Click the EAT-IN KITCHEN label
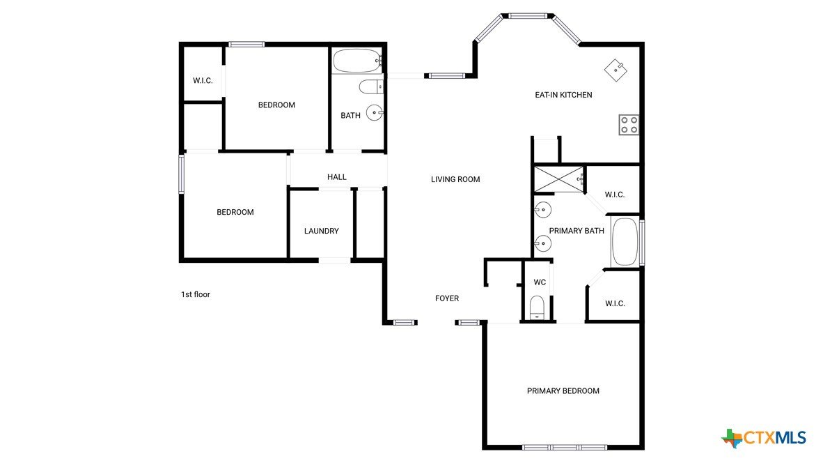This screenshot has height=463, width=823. tap(563, 95)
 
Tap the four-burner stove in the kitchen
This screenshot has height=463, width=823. tap(629, 125)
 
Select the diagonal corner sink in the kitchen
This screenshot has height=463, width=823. tap(616, 70)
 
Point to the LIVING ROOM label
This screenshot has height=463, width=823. tap(455, 179)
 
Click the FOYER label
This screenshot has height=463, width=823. tap(447, 298)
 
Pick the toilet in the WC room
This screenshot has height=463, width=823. tap(537, 308)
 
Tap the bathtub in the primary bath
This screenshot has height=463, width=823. tap(625, 242)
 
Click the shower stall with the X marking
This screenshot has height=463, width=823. tap(558, 179)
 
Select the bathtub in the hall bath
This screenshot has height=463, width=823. tap(357, 61)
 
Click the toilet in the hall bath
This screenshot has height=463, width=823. tap(371, 86)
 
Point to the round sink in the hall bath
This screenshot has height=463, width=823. tap(375, 112)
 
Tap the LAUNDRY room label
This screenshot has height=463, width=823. tap(321, 231)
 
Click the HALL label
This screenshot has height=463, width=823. tap(336, 177)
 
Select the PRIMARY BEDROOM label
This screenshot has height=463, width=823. tap(563, 391)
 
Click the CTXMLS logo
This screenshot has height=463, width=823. tap(764, 438)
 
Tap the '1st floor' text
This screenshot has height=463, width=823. tap(195, 294)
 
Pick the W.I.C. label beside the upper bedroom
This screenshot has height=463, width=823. tap(203, 80)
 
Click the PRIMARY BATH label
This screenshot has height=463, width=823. tap(577, 231)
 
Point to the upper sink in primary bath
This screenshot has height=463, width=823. tap(542, 210)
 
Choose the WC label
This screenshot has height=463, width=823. tap(540, 282)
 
